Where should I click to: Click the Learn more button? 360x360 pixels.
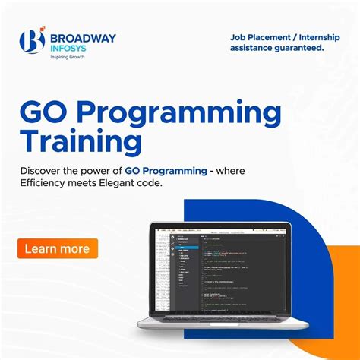click(57, 248)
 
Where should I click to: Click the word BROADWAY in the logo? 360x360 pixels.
click(84, 36)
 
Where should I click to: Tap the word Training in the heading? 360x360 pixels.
click(81, 142)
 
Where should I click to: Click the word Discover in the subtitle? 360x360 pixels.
click(44, 169)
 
